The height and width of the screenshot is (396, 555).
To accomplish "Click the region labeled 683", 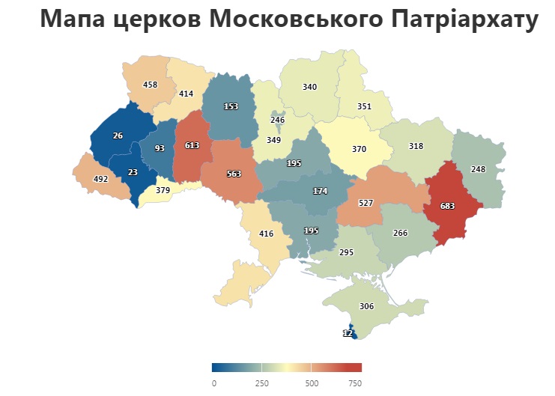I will [x=447, y=205].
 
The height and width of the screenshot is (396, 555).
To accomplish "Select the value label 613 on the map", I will [x=191, y=146].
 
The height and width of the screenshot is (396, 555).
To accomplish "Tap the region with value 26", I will [x=118, y=135].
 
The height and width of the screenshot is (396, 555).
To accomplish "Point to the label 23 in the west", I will [x=133, y=172].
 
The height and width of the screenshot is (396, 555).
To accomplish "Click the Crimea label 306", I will [x=366, y=306].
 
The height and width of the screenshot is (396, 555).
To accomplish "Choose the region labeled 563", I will [x=234, y=173].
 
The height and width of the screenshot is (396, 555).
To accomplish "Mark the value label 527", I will [x=366, y=203].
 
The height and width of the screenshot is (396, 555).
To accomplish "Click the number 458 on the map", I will [x=150, y=85].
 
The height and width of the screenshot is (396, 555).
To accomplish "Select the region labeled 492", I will [x=100, y=179].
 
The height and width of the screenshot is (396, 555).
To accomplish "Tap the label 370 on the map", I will [x=359, y=149].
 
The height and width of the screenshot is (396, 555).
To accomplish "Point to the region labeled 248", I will [x=478, y=169].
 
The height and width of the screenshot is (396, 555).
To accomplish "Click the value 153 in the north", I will [x=231, y=107].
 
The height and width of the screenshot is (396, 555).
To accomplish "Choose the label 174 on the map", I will [x=320, y=191].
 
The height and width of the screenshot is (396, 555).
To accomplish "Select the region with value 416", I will [x=266, y=234].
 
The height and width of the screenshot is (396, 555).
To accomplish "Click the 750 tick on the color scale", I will [x=356, y=383].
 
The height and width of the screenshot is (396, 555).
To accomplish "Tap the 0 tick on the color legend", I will [x=213, y=383].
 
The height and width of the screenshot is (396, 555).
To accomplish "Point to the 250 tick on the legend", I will [x=261, y=383].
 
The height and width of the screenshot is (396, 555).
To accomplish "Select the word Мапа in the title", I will [x=76, y=19].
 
